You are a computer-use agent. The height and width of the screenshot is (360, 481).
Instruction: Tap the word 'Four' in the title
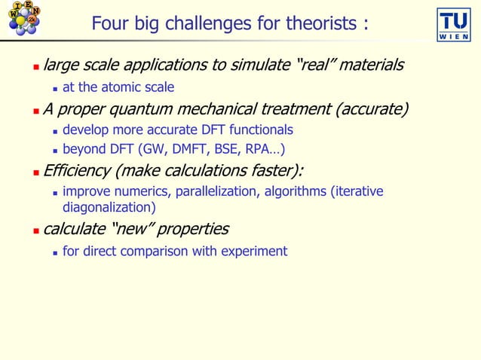tap(111, 24)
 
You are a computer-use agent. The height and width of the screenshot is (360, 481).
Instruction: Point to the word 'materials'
tap(371, 66)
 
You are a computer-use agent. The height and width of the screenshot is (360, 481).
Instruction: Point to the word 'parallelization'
tap(218, 191)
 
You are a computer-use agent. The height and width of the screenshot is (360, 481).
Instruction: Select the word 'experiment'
tap(254, 251)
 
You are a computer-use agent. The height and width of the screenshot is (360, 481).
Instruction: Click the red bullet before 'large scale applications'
tap(35, 67)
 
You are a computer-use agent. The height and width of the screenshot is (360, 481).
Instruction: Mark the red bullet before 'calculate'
tap(35, 230)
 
